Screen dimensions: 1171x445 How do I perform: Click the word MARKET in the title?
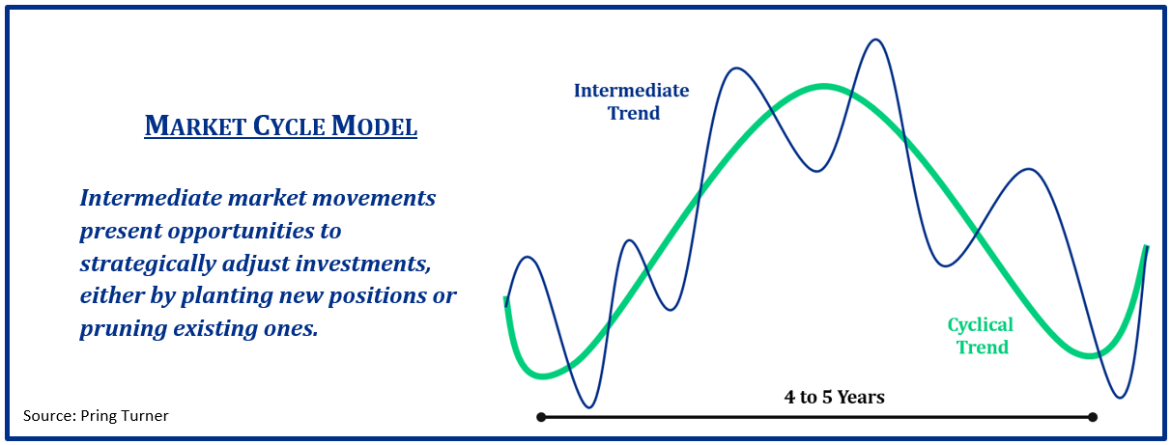[195, 125]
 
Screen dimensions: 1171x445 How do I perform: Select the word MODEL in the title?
[374, 125]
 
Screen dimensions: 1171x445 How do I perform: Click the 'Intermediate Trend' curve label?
[632, 102]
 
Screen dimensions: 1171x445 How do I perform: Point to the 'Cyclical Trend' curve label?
[981, 336]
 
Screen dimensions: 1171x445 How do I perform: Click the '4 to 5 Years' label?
[835, 397]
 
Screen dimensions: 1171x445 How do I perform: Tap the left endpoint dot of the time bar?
[541, 417]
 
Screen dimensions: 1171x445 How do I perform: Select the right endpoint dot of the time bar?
[1093, 417]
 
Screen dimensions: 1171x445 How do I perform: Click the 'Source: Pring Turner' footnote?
[96, 416]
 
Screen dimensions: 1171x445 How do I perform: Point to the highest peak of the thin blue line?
[875, 40]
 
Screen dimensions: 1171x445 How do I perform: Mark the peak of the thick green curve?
[824, 87]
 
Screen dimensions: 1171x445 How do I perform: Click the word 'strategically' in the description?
[148, 264]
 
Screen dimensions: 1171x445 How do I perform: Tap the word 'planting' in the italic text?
[226, 296]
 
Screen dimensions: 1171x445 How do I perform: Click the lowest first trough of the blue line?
[588, 407]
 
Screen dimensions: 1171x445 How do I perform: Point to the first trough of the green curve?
[544, 375]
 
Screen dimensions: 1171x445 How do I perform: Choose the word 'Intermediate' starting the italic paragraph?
[151, 198]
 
